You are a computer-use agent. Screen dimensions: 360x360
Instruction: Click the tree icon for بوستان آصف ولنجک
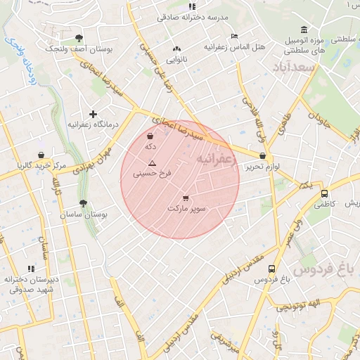coord(77,38)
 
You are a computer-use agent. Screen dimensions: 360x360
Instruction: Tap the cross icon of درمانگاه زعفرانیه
coord(93,113)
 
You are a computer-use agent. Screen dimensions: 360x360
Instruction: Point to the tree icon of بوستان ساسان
coord(84,203)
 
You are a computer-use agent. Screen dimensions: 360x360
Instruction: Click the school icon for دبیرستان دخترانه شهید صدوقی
coord(30,268)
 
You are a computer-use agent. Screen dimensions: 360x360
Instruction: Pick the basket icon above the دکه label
coord(150,136)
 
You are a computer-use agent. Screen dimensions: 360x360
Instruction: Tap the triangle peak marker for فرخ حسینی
coord(152,162)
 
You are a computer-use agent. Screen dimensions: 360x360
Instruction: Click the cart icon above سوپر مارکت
coord(186,198)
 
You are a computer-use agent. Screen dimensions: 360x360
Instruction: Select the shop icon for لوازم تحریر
coord(263,157)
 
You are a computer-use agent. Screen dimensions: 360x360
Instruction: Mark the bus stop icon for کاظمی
coord(324,193)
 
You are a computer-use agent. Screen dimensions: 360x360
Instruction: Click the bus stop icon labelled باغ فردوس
coord(271,268)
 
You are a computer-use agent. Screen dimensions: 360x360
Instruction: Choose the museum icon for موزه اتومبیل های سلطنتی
coord(304,30)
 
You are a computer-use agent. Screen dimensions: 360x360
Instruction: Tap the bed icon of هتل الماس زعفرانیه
coord(234,36)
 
